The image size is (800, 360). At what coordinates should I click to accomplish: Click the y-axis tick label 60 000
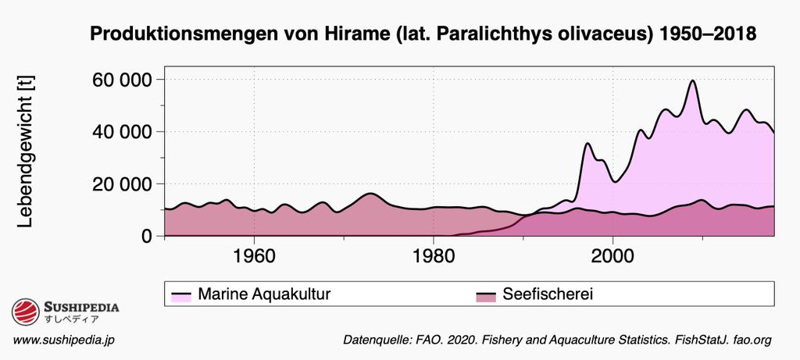point(121,80)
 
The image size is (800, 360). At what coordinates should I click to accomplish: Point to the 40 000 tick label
point(121,132)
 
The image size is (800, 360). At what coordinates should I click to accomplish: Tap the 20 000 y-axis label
point(121,184)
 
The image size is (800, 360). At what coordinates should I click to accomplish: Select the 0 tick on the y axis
point(147,236)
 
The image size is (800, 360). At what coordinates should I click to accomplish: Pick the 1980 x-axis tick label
point(433,255)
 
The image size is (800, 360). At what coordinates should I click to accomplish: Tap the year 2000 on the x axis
point(612,255)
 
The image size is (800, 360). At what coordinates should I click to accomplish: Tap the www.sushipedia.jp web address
point(64,340)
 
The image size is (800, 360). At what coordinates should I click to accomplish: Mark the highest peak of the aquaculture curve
point(692,80)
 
